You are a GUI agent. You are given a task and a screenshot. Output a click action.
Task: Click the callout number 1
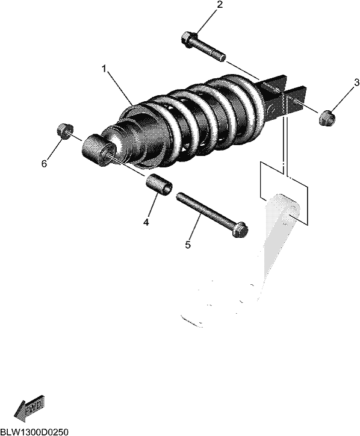(104, 69)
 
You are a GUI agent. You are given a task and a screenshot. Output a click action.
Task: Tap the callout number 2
(220, 5)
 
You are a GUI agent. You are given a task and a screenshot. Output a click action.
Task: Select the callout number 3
(356, 83)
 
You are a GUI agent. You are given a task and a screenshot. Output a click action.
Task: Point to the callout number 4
(146, 222)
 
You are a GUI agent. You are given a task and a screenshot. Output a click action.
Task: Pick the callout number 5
(188, 245)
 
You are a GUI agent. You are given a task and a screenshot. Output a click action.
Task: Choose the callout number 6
(44, 164)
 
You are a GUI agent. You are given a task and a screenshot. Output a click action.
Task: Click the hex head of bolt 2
(189, 40)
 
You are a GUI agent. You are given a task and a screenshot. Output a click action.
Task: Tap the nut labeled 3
(327, 118)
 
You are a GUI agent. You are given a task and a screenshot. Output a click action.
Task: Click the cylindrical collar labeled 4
(158, 185)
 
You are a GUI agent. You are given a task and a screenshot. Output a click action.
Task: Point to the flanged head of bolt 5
(240, 229)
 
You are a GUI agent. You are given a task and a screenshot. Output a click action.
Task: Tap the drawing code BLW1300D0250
(34, 432)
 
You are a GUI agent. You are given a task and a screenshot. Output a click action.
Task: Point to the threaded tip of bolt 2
(222, 58)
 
